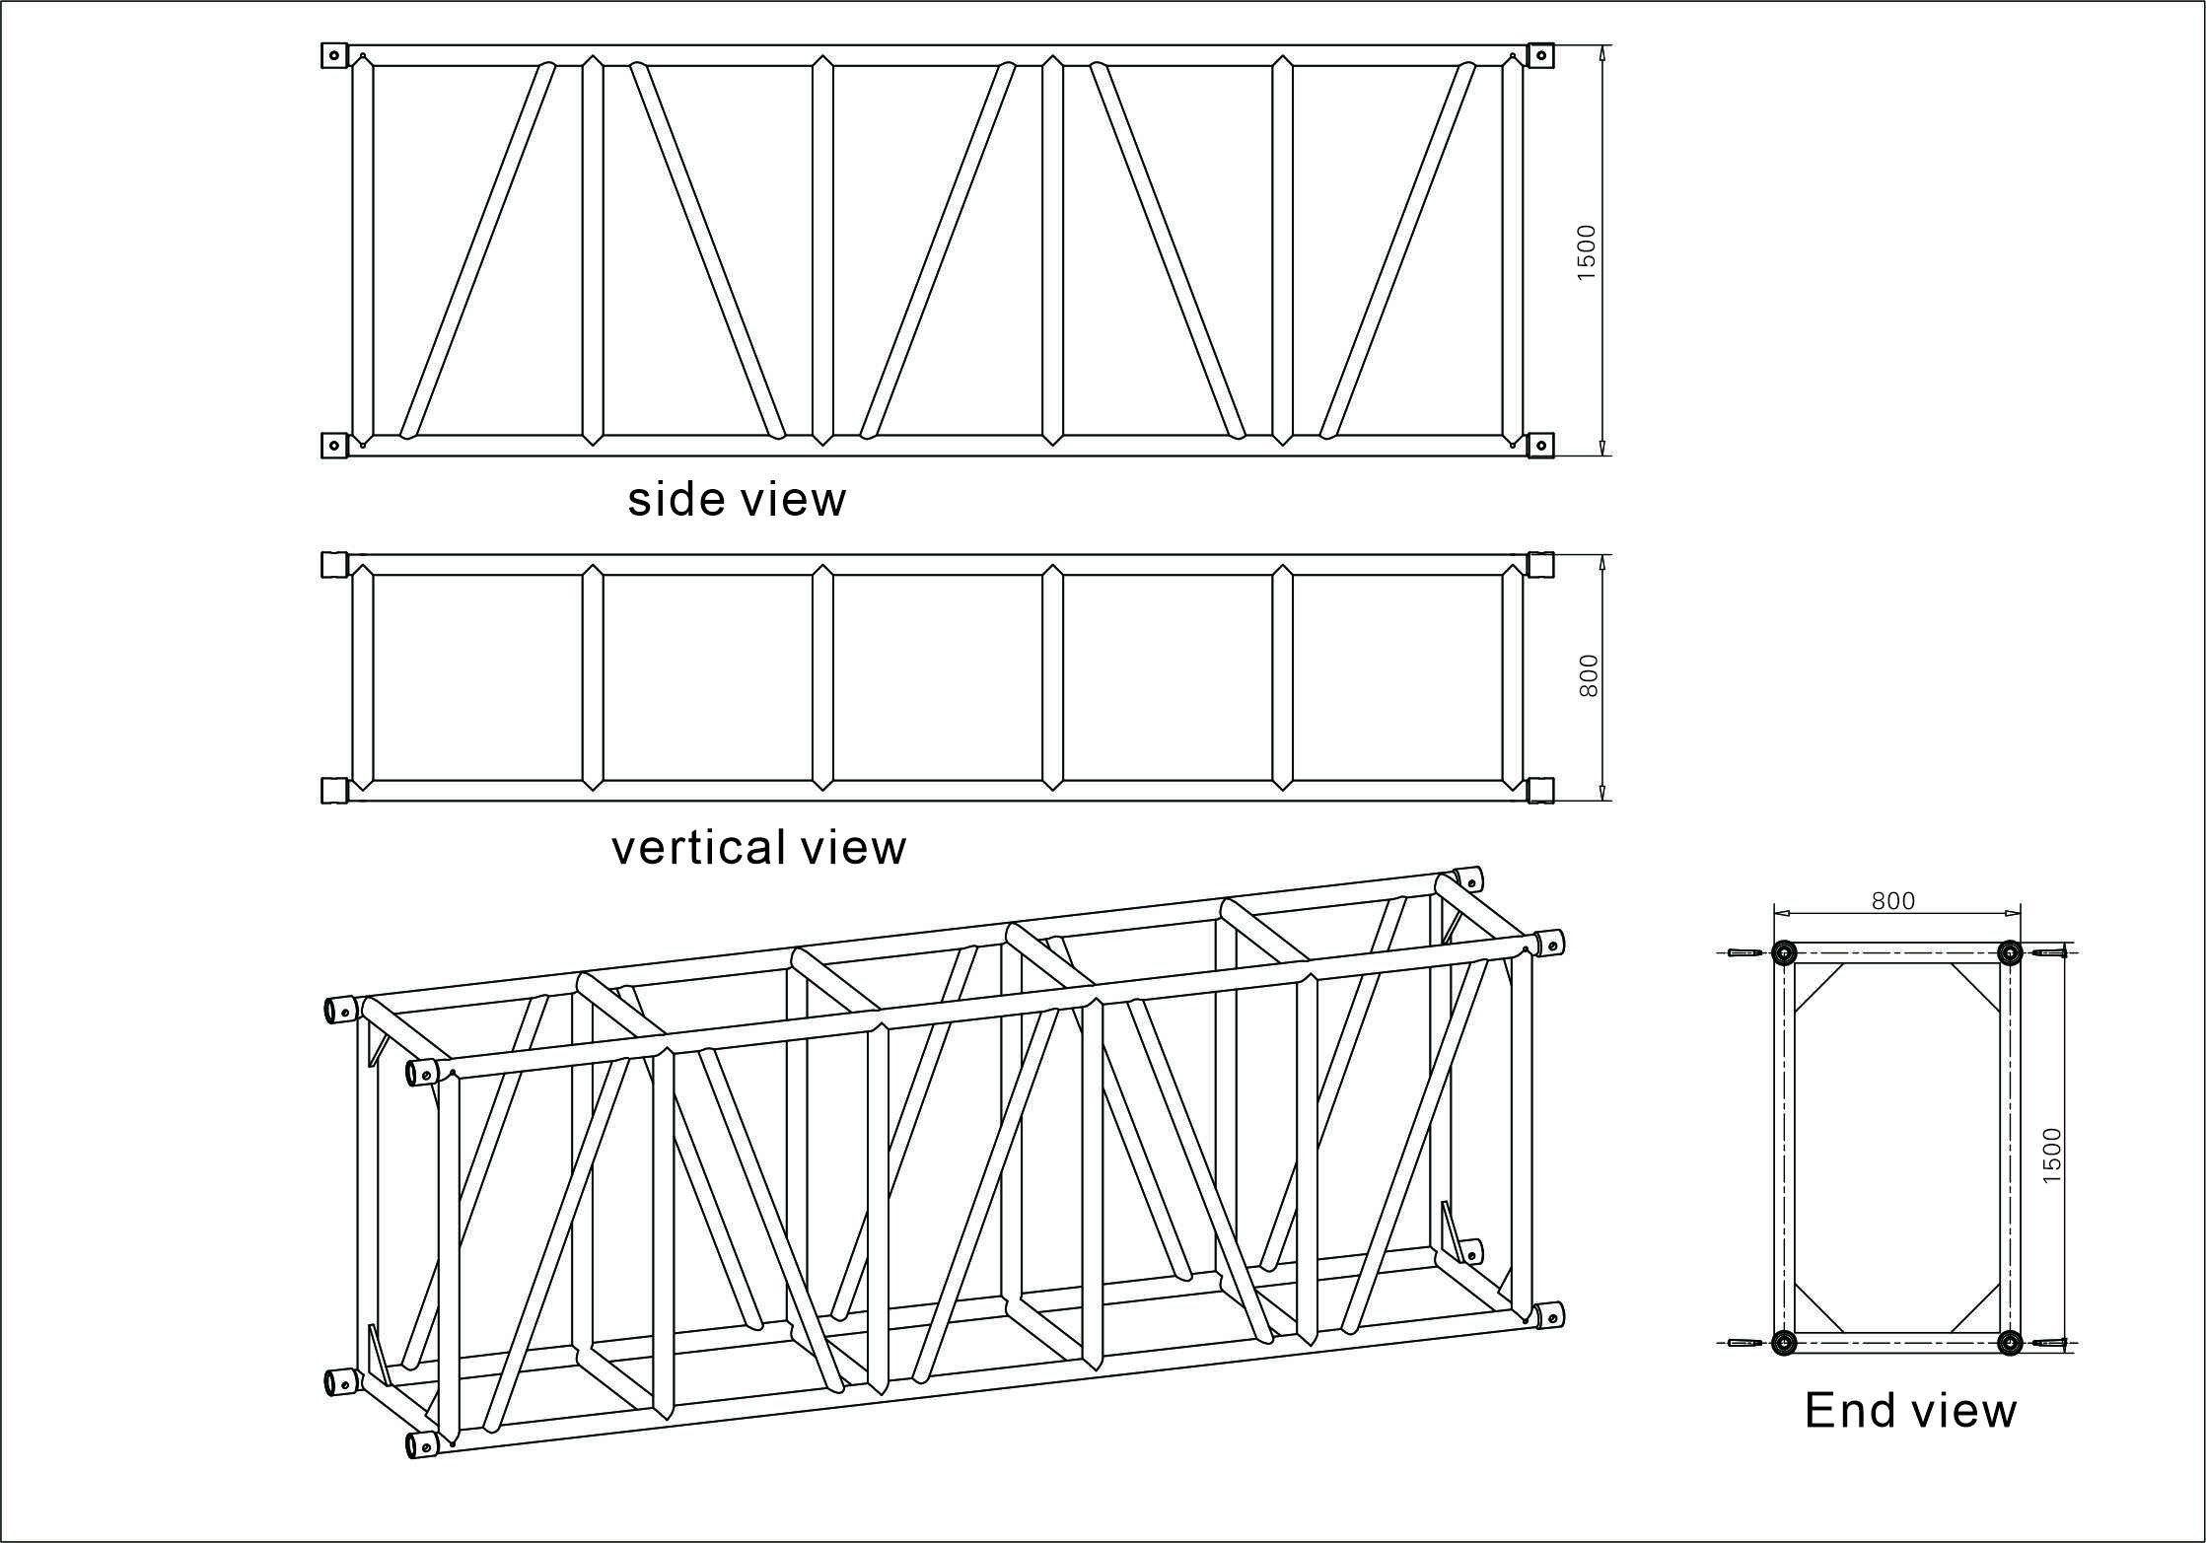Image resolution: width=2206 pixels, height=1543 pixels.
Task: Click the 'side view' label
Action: pos(737,500)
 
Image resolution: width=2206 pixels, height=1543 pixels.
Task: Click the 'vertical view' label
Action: pos(758,848)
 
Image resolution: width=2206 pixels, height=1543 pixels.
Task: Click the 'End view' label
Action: pos(1910,1410)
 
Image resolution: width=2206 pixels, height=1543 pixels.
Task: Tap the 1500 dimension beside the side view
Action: pos(1586,252)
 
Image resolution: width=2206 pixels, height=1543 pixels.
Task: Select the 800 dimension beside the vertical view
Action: pos(1588,676)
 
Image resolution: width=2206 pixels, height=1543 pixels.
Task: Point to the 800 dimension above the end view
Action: pos(1892,900)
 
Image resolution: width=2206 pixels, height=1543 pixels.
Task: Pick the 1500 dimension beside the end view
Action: pos(2051,1156)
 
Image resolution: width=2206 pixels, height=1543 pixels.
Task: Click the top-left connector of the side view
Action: pos(335,55)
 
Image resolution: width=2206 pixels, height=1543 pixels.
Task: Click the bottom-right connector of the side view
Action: pos(1539,446)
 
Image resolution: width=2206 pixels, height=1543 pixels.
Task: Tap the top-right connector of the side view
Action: pos(1539,55)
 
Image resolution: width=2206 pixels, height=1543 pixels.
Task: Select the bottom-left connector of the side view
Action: pos(335,446)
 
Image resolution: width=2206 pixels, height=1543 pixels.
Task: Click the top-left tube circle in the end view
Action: pos(1783,952)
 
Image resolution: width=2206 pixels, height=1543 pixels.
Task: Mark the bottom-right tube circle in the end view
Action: pos(2009,1342)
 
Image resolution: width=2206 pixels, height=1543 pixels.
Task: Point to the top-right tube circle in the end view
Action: pos(2009,952)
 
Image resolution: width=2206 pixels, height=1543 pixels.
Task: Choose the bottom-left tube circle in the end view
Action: pos(1783,1342)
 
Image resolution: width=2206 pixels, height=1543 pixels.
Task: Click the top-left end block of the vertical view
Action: pos(335,564)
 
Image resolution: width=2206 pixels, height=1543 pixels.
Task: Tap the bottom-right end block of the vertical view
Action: pos(1539,791)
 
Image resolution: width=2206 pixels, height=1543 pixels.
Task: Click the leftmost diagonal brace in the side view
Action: pos(477,250)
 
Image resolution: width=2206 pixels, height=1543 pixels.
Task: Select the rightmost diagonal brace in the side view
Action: pos(1397,250)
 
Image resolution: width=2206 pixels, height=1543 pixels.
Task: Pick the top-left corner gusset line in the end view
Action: pos(1819,987)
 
